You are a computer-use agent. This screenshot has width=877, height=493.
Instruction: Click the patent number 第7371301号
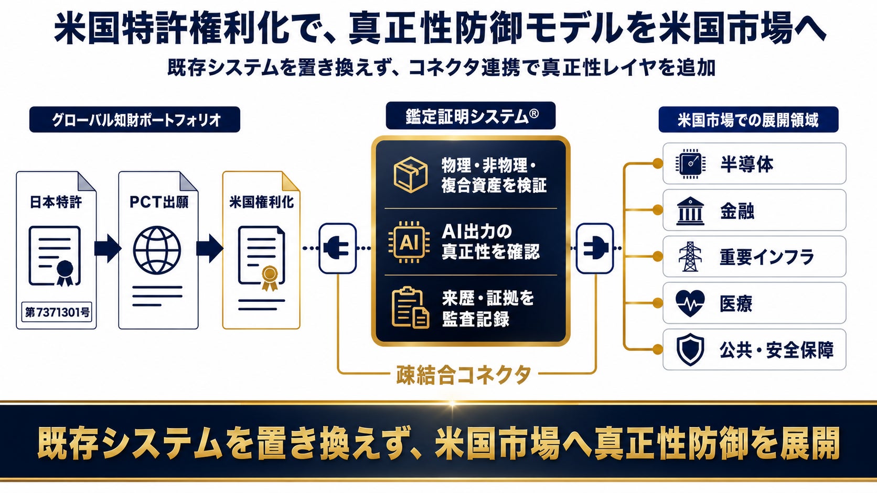tap(57, 312)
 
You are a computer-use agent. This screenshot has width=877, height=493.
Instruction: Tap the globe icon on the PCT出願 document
tap(157, 250)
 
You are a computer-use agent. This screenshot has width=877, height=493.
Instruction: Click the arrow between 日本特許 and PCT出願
tap(108, 249)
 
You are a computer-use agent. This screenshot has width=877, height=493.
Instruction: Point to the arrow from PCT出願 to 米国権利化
tap(209, 249)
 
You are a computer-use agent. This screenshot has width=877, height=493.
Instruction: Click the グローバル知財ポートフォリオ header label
tap(135, 119)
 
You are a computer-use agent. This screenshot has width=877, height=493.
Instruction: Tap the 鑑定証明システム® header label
tap(470, 116)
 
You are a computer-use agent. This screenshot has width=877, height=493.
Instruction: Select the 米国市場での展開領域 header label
tap(748, 119)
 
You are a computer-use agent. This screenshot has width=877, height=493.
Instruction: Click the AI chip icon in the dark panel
tap(409, 242)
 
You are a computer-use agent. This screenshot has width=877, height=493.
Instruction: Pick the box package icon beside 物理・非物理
tap(410, 174)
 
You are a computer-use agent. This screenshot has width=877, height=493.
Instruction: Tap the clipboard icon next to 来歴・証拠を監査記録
tap(410, 308)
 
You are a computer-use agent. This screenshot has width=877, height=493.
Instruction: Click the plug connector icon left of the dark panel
tap(337, 248)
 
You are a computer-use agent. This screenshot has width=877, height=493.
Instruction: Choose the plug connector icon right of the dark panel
tap(594, 248)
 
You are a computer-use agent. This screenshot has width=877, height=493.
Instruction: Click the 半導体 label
tap(746, 164)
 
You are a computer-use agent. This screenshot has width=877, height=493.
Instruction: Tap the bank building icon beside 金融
tap(690, 211)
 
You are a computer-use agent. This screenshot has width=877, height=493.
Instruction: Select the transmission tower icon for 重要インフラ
tap(690, 257)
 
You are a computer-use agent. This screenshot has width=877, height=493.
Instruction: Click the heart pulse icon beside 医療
tap(690, 303)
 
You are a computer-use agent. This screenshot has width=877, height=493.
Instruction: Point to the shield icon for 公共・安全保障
tap(690, 349)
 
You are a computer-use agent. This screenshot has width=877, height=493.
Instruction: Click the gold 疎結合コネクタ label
tap(464, 375)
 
